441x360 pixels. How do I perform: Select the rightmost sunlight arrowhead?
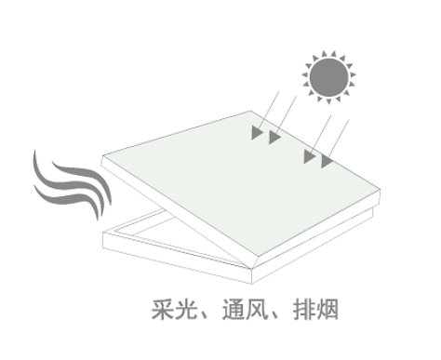[327, 162]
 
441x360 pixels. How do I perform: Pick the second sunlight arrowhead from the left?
[274, 140]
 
